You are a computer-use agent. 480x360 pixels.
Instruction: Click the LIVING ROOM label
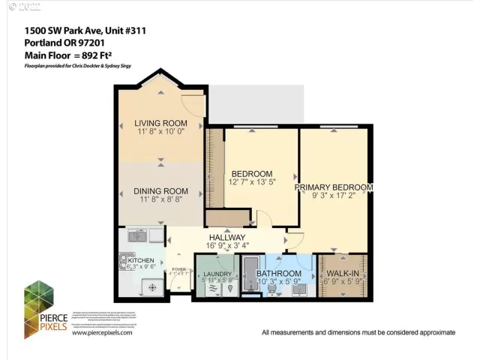pos(160,123)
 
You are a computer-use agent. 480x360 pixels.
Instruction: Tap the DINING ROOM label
pos(160,191)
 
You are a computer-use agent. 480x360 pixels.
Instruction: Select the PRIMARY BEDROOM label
pos(333,187)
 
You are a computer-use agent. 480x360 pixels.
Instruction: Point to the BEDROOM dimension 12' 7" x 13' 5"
pos(252,181)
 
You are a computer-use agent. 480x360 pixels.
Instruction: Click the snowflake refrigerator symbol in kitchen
pos(152,287)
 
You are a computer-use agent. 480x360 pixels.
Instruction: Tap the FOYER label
pos(178,268)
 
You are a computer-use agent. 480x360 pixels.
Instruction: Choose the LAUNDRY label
pos(217,274)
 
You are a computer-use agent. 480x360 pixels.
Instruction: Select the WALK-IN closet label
pos(343,274)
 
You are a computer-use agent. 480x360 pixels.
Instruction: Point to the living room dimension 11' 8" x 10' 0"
pos(160,132)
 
